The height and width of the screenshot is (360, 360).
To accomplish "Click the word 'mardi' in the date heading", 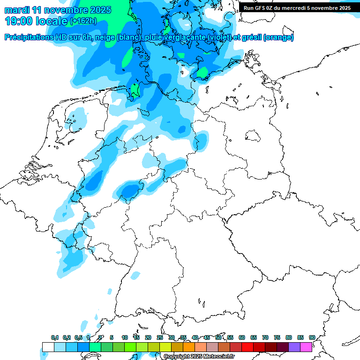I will coord(17,10).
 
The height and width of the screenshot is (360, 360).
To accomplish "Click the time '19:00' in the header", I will coord(18,21).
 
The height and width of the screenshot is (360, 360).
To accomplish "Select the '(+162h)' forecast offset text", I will coord(83,21).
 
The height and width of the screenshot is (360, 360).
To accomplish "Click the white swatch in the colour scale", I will coord(48,347).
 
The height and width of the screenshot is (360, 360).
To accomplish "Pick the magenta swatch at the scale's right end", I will coord(306,347).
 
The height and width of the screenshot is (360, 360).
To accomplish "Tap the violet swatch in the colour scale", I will coord(294,347).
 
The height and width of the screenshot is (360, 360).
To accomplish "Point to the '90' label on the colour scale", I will coord(312,337).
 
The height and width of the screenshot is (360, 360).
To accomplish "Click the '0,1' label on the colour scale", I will coord(55,337).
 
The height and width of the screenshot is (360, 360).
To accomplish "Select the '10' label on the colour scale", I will coord(125,337).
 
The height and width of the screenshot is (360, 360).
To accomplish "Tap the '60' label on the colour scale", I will coord(242,337).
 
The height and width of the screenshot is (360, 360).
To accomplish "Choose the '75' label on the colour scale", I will coord(277,337).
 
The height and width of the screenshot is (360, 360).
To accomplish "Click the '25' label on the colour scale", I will coord(160,337).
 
